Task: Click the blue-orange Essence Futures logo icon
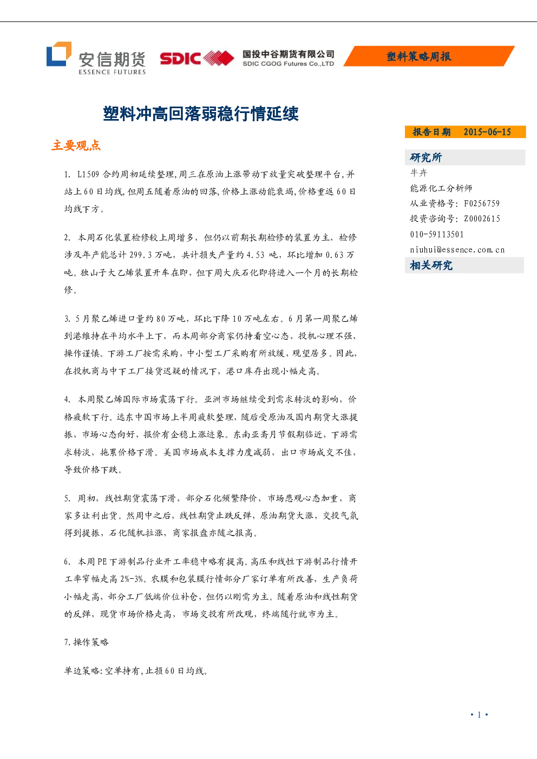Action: click(59, 54)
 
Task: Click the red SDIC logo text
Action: click(180, 58)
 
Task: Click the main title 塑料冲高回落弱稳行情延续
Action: click(201, 114)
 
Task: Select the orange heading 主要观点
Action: click(76, 146)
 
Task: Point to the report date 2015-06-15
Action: click(487, 132)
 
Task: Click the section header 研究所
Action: click(426, 157)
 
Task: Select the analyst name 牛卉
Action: click(418, 173)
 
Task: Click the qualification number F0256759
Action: click(482, 203)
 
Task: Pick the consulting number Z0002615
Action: click(482, 219)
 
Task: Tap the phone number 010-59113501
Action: click(437, 234)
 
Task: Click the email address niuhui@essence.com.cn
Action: click(457, 250)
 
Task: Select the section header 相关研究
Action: click(431, 265)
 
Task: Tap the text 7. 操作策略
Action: click(87, 642)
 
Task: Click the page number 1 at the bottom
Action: click(479, 715)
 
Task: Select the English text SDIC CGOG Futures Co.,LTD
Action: click(288, 64)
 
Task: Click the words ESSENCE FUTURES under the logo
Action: click(112, 72)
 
